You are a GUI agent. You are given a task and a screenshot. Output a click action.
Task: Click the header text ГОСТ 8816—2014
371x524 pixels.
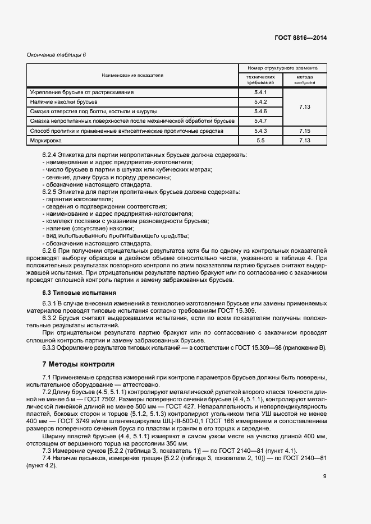pos(300,38)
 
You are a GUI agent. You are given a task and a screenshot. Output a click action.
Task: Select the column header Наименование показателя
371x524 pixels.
pos(132,75)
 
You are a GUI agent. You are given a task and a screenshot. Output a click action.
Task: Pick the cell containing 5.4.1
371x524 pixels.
pos(260,92)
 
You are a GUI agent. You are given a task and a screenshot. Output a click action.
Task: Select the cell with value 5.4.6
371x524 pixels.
pos(260,111)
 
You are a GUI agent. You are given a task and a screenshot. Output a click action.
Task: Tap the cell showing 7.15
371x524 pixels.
pos(305,131)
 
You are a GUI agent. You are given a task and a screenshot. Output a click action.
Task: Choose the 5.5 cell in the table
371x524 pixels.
pos(260,140)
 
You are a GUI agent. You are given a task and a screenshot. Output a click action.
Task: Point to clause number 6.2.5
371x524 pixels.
pos(51,192)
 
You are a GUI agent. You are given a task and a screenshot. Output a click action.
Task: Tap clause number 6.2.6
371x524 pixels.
pos(51,251)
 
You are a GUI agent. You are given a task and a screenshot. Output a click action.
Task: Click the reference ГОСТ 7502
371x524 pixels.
pos(80,395)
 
